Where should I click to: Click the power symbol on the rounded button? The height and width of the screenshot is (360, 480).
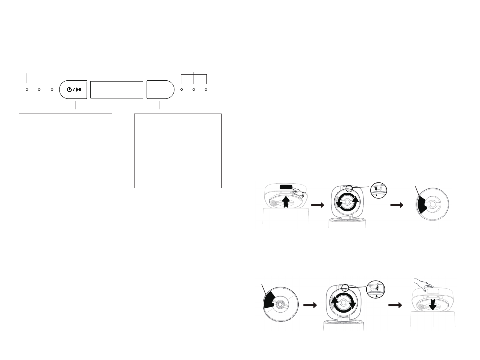tap(70, 90)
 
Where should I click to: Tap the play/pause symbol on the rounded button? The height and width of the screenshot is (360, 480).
tap(78, 90)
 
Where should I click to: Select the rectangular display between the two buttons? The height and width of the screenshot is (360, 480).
tap(117, 90)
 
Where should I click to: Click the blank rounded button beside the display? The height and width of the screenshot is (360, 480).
tap(160, 90)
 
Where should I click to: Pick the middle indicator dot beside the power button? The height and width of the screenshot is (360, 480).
tap(39, 90)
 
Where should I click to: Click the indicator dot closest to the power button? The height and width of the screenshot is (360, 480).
tap(52, 90)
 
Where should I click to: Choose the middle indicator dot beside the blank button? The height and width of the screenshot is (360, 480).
tap(194, 90)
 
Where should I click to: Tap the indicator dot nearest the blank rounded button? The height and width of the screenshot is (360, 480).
tap(181, 90)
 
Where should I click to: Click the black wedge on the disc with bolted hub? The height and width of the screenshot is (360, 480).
tap(269, 301)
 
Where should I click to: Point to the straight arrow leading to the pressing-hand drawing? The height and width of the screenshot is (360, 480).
tap(395, 305)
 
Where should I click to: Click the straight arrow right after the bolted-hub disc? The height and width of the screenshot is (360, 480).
tap(310, 305)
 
